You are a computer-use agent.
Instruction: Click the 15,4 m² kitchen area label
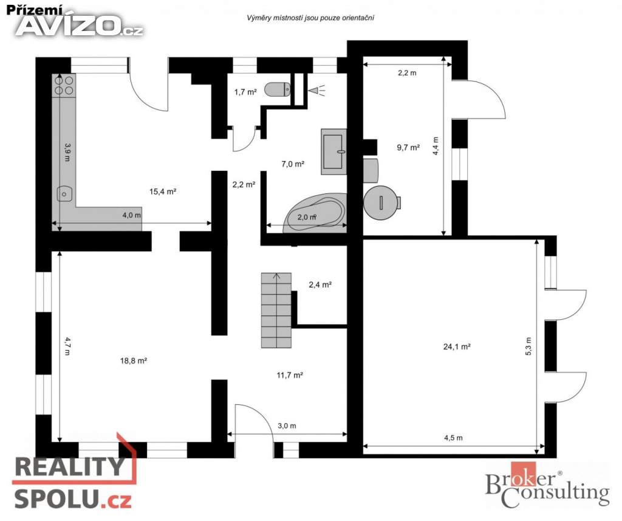(x=163, y=191)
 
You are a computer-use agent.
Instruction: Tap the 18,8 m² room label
(x=134, y=361)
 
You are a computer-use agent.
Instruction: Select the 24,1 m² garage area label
(x=457, y=347)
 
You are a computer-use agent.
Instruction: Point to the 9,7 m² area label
(x=409, y=147)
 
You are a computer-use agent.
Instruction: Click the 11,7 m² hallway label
(x=290, y=375)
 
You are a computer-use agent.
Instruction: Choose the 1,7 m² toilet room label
(x=245, y=92)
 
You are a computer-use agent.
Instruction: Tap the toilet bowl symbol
(x=277, y=89)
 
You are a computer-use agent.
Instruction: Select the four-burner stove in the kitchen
(x=64, y=86)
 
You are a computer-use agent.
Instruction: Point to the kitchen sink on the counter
(x=64, y=194)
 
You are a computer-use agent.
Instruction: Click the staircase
(x=276, y=310)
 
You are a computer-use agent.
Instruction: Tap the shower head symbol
(x=316, y=91)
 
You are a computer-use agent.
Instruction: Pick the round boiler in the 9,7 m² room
(x=382, y=202)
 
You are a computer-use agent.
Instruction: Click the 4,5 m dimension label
(x=453, y=438)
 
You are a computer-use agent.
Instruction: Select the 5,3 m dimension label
(x=528, y=347)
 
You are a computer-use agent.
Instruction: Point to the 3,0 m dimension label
(x=287, y=426)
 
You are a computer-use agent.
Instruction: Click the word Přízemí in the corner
(x=35, y=10)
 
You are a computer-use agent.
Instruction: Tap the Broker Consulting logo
(x=547, y=485)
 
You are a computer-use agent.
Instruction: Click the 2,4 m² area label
(x=320, y=285)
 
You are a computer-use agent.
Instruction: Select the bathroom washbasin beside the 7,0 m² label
(x=333, y=151)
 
